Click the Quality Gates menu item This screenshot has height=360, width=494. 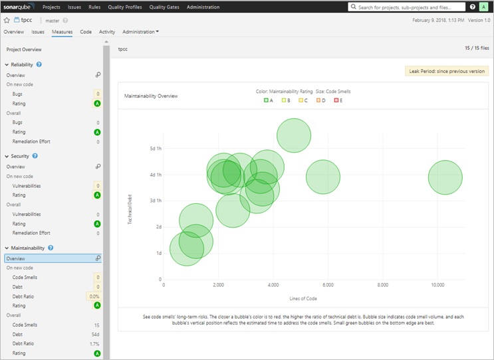164,7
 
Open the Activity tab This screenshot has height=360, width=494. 107,32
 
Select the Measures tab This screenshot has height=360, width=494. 62,32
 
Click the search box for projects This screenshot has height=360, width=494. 406,7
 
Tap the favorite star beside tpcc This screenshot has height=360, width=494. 7,21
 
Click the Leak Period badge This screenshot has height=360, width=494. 447,71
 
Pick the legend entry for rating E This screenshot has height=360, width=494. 338,100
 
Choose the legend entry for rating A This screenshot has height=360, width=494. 269,100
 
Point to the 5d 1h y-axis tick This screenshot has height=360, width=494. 156,149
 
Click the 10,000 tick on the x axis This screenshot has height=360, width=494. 437,285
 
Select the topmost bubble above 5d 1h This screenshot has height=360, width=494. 294,135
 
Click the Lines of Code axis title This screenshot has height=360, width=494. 303,298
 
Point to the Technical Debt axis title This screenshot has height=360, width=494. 130,209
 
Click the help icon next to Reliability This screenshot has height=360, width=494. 39,64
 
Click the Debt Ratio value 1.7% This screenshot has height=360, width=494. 94,343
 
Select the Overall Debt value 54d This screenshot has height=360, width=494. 95,334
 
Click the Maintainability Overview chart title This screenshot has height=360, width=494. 151,96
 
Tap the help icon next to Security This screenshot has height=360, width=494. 35,156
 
